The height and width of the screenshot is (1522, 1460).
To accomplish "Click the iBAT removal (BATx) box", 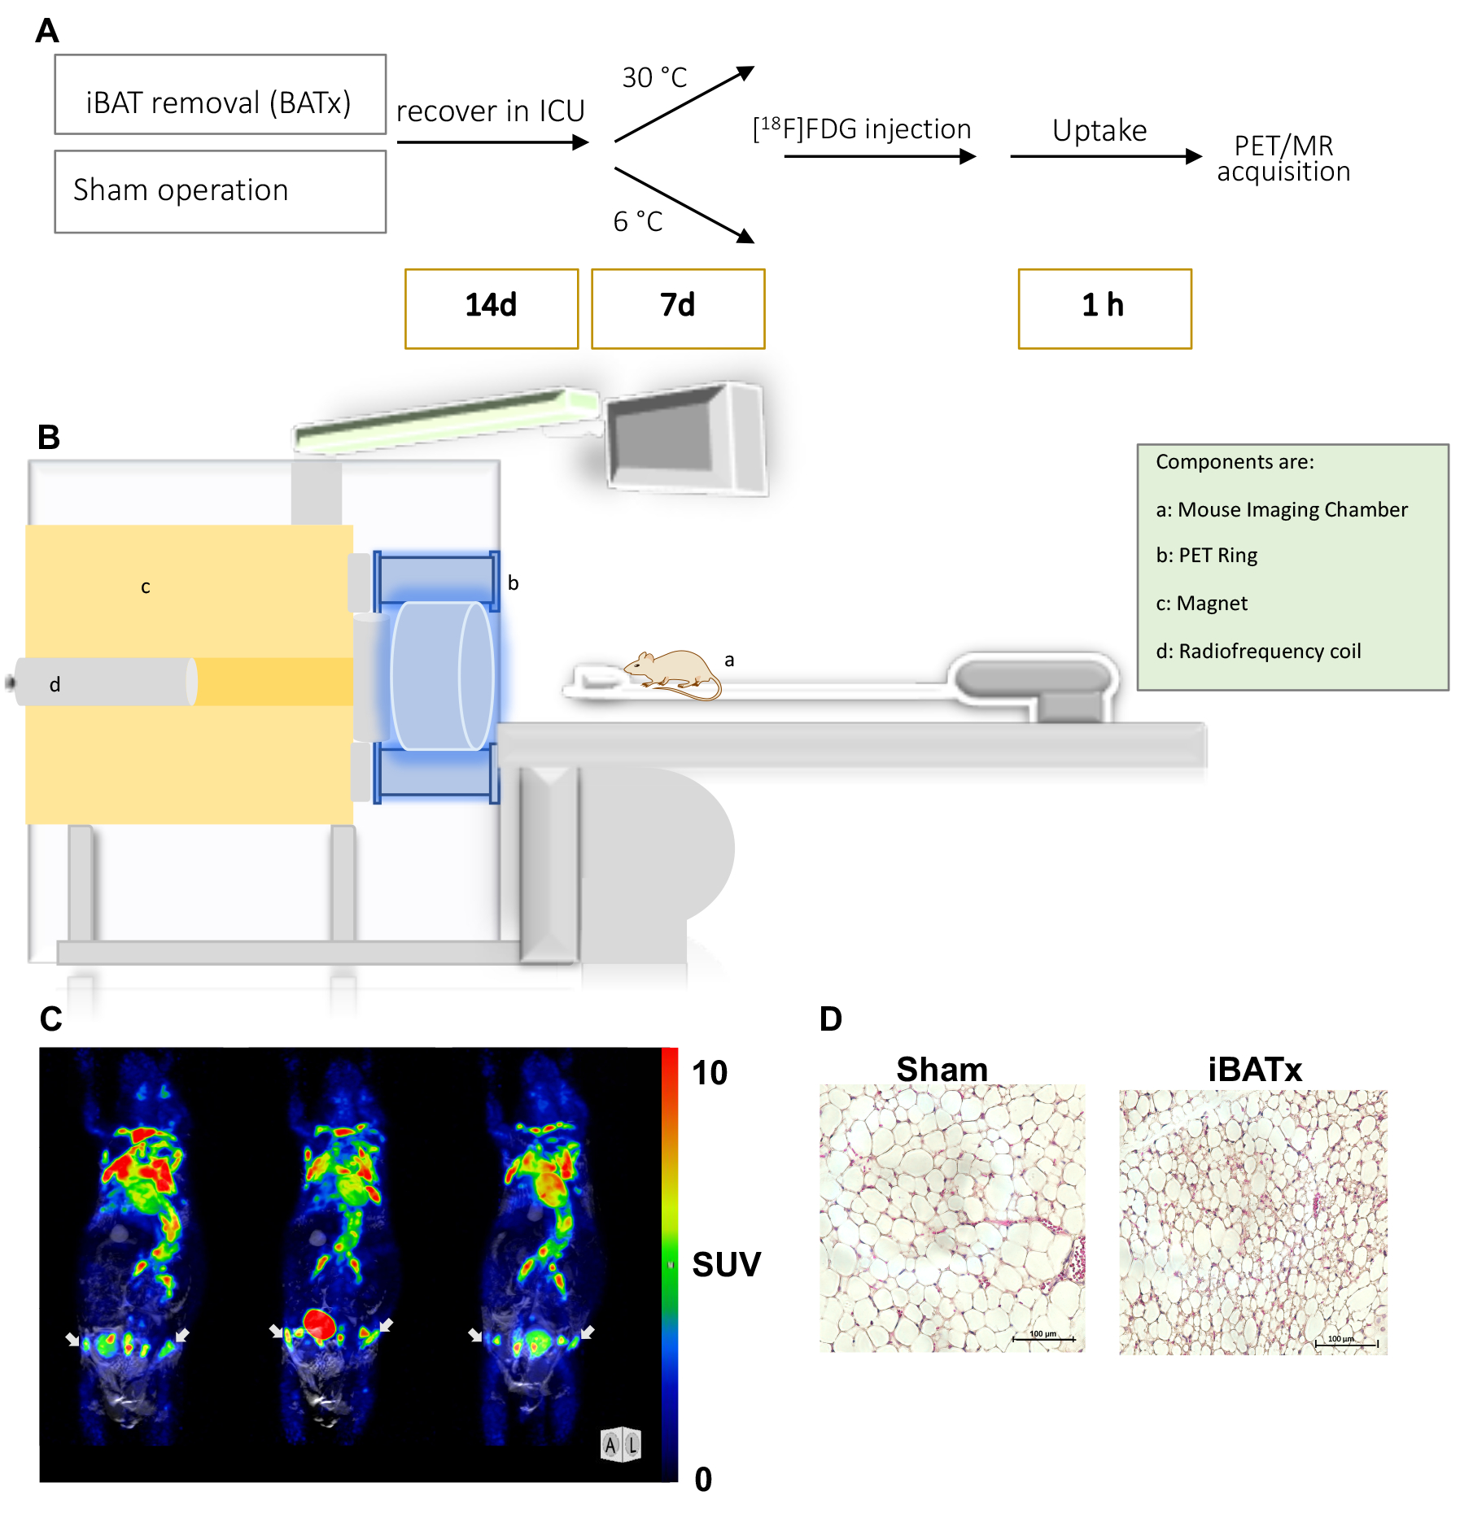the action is (220, 94).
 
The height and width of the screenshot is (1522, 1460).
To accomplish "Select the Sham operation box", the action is (220, 191).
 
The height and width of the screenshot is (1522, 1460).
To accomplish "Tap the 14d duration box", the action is (492, 308).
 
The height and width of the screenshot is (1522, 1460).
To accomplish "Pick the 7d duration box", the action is (678, 308).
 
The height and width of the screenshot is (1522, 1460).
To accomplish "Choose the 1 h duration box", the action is (1104, 308).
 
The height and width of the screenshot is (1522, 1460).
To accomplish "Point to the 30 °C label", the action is (654, 78).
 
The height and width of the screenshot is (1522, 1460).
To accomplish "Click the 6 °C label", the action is (638, 221).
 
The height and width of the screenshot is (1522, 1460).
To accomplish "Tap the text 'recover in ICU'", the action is (491, 111).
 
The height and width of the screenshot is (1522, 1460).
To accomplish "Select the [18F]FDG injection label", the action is (863, 129).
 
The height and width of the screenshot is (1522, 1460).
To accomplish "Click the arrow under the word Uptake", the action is (1105, 156).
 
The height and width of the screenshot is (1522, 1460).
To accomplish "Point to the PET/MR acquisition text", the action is (1283, 159).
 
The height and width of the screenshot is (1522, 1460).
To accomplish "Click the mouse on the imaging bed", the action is (672, 672).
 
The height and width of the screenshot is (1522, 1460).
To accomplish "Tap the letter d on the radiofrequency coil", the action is (55, 684).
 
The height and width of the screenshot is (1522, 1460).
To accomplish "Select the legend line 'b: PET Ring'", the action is (1206, 556).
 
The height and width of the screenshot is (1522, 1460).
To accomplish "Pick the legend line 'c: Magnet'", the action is (1201, 604).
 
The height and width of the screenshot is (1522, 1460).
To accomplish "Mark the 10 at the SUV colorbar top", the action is (709, 1073).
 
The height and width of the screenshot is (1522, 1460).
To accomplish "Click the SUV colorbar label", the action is (726, 1264).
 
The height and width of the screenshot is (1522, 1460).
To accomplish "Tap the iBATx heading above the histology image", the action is (1254, 1070).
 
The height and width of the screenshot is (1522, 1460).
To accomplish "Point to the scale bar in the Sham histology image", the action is (1043, 1338).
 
